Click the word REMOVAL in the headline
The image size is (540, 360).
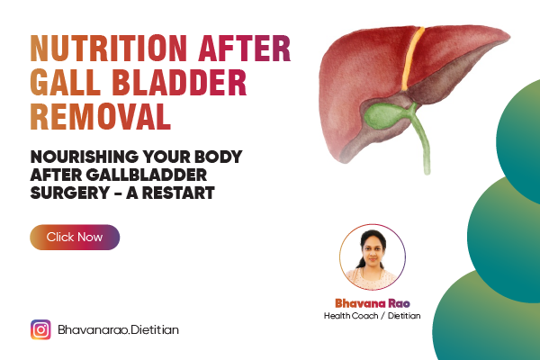coord(100,118)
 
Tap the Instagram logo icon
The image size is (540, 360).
coord(40,330)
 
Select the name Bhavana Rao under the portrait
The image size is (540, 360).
coord(372,303)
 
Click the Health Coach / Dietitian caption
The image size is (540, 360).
coord(372,317)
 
